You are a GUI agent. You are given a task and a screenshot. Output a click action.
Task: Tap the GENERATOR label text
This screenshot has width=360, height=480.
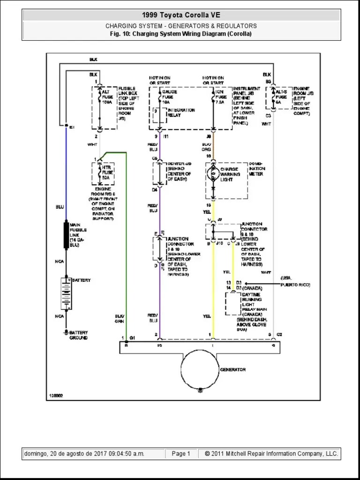233,370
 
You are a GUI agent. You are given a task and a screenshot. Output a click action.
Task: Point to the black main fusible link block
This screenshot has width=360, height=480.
66,235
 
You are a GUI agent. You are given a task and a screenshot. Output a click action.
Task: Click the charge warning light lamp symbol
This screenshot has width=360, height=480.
213,174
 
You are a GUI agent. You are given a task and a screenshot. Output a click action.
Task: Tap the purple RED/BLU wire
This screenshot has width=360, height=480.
160,291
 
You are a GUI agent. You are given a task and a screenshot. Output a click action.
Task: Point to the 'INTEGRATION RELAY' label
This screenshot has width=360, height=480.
181,113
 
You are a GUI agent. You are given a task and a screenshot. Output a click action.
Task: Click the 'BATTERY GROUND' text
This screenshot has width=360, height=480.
78,335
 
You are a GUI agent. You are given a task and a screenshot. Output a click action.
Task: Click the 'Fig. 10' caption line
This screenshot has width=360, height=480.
181,34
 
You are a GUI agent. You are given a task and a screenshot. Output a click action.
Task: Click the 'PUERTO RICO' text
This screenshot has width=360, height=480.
295,285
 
